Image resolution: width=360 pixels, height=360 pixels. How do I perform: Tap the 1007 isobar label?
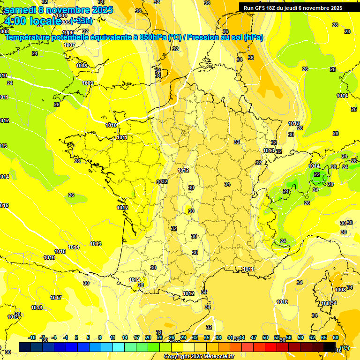(x=69, y=45)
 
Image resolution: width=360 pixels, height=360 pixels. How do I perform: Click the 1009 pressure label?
(x=88, y=83)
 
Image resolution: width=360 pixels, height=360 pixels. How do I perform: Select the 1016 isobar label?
(x=49, y=258)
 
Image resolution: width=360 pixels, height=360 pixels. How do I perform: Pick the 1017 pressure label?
(x=56, y=298)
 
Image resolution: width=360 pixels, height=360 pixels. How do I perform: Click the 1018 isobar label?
(x=37, y=308)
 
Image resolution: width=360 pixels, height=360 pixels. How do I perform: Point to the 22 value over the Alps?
(x=317, y=174)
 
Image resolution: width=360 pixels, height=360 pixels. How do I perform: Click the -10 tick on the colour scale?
(x=32, y=338)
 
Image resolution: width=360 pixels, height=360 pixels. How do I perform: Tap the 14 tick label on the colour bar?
(x=125, y=338)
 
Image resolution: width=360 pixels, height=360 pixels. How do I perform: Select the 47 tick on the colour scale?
(x=254, y=338)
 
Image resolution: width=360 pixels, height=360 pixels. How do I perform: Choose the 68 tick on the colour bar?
(x=336, y=338)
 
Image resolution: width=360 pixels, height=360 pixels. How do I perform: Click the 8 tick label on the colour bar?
(x=100, y=338)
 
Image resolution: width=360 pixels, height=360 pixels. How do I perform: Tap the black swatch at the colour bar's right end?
(x=330, y=347)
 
